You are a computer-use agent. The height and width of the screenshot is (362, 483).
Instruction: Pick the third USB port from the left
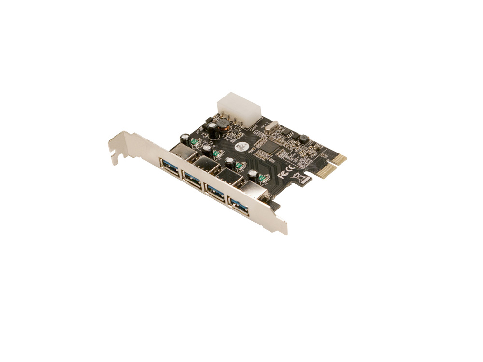point(214,192)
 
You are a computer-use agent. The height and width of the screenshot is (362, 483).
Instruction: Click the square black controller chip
point(270,147)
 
